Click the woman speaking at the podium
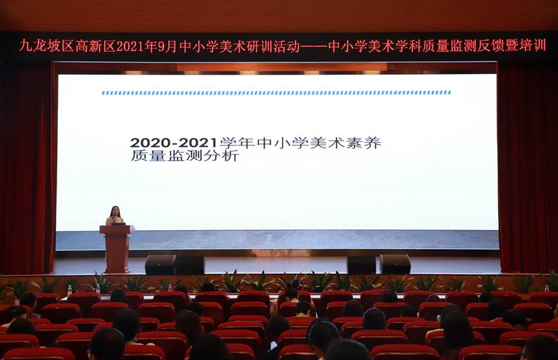(x=114, y=215)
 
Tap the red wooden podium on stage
(x=116, y=249)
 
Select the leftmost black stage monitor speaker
(x=160, y=264)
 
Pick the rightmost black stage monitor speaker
(x=395, y=264)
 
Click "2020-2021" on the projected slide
(x=173, y=143)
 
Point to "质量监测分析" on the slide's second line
(x=184, y=156)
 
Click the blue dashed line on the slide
(x=276, y=93)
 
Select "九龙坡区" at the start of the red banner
(x=46, y=46)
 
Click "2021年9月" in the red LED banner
(x=147, y=46)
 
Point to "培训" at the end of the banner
(x=532, y=46)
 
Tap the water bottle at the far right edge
(x=547, y=289)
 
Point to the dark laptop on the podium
(x=118, y=223)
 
